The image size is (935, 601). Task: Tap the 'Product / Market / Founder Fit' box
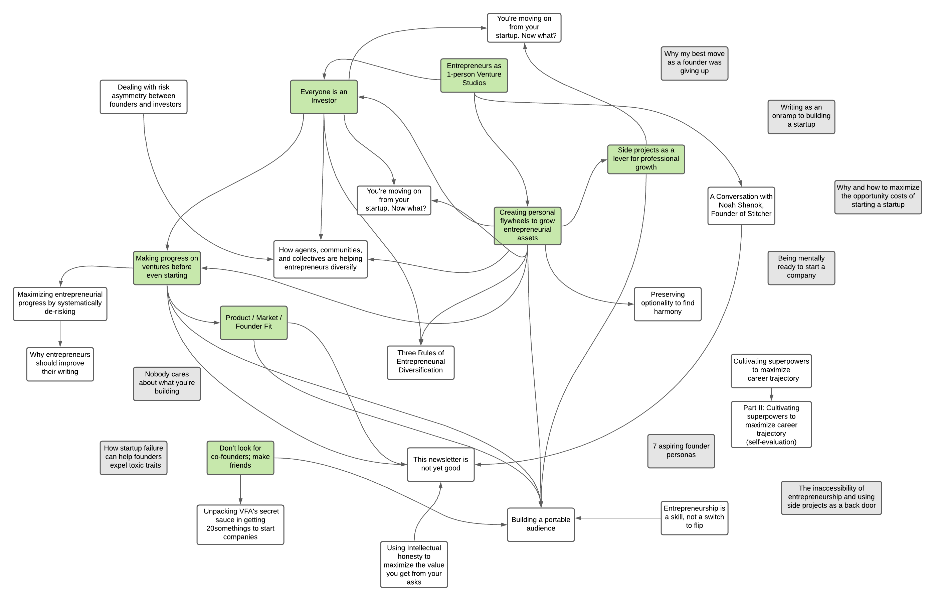tap(253, 322)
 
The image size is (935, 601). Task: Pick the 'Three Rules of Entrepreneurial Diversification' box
tap(420, 362)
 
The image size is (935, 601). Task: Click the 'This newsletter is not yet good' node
tap(440, 464)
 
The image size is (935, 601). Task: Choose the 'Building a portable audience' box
tap(540, 524)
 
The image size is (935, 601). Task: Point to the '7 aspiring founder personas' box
tap(681, 451)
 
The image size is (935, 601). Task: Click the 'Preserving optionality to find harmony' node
tap(667, 303)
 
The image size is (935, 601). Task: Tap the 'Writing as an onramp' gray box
tap(801, 116)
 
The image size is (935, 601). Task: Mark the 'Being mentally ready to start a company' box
tap(801, 267)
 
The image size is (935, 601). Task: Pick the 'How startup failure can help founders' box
tap(133, 457)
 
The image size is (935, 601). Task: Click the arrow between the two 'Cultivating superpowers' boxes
tap(771, 394)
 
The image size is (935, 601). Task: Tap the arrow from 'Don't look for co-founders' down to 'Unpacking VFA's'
tap(240, 490)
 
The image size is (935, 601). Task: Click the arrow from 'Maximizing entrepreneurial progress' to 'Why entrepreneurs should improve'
tap(60, 334)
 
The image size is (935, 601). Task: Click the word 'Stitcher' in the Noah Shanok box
tap(758, 214)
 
